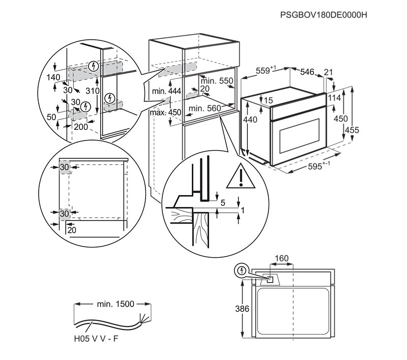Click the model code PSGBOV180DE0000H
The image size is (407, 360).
point(324,15)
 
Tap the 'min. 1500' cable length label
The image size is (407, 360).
point(115,304)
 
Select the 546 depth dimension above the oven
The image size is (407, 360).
point(307,72)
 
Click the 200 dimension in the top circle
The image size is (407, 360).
point(81,127)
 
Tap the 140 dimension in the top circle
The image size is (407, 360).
point(53,78)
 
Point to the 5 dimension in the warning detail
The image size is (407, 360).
point(222,202)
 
